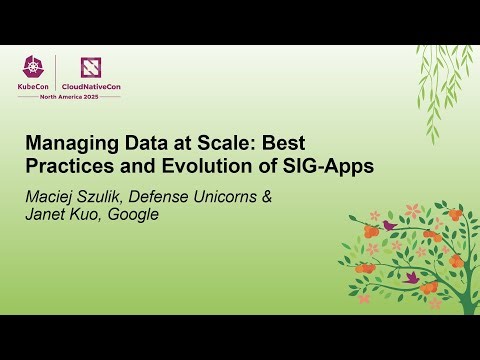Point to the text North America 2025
[x=67, y=98]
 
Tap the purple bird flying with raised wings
[x=410, y=276]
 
